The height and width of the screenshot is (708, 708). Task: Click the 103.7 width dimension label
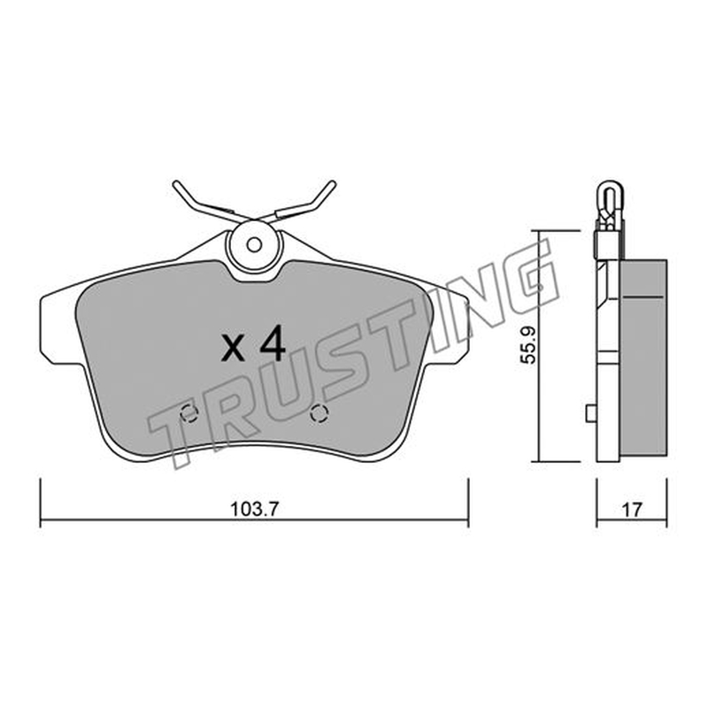(255, 510)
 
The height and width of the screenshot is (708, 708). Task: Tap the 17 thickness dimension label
(632, 510)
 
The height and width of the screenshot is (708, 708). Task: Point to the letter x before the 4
(234, 349)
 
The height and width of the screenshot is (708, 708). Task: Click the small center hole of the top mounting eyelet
(254, 245)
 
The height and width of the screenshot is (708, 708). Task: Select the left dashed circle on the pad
(189, 413)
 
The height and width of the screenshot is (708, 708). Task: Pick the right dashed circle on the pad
(319, 413)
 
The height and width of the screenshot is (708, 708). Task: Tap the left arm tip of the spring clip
(176, 184)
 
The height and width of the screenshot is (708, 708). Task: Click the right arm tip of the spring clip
(333, 183)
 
